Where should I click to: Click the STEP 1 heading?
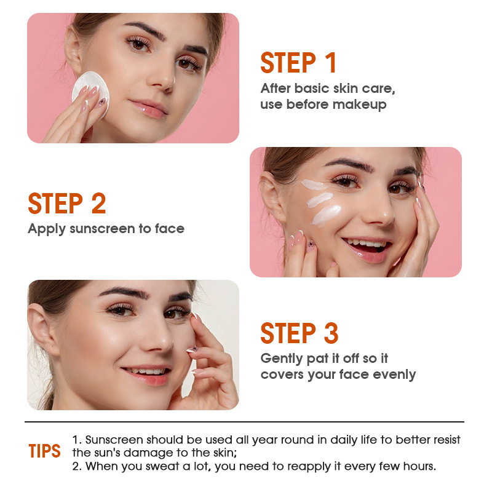[299, 63]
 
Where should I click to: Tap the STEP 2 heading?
[67, 204]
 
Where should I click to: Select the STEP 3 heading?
[300, 333]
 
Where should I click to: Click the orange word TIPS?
[45, 451]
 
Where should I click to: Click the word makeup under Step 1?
[360, 105]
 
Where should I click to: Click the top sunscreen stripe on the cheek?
[317, 184]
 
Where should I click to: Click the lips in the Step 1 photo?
[149, 109]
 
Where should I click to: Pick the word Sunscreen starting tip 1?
[113, 440]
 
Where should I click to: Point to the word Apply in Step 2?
[47, 229]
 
